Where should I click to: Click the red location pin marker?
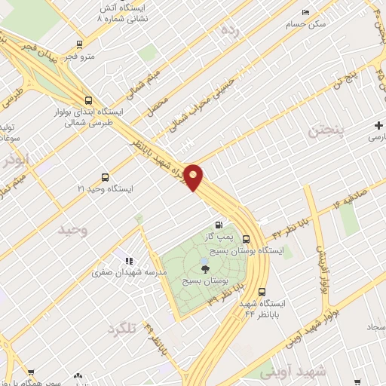point(194,177)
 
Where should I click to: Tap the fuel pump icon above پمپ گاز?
point(219,225)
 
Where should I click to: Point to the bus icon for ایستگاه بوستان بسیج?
point(246,240)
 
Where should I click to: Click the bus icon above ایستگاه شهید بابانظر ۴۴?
point(262,293)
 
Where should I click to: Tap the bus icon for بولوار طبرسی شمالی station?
point(89,100)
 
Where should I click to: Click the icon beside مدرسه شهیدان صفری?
point(129,261)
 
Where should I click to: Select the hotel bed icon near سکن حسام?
point(305,12)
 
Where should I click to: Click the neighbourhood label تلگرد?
point(124,329)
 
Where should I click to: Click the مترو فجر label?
point(79,56)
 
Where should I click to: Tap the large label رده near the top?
point(229,30)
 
